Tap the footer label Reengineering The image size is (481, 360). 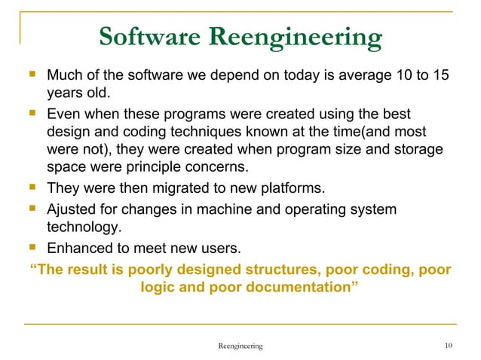click(x=240, y=346)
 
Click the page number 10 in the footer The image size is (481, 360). click(x=449, y=346)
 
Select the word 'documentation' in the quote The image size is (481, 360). click(x=302, y=287)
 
